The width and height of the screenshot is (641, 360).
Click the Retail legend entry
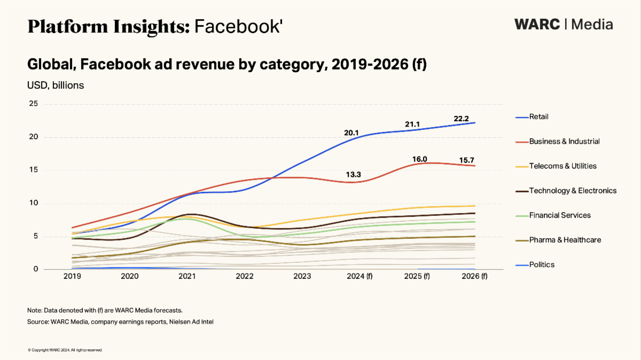538,117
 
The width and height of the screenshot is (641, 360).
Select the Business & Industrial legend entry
564,142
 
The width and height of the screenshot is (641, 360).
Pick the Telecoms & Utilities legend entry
562,166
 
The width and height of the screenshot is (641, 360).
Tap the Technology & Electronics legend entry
573,191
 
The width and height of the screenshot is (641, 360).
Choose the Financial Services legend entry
560,215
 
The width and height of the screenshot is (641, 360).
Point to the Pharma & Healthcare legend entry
565,240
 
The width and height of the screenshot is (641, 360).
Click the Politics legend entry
542,264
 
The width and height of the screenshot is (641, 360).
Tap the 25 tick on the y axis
33,104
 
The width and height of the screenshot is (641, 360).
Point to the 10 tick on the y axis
33,203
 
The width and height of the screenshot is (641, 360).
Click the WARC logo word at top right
537,25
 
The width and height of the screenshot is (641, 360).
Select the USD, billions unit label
56,84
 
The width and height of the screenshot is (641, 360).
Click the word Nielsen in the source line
174,322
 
